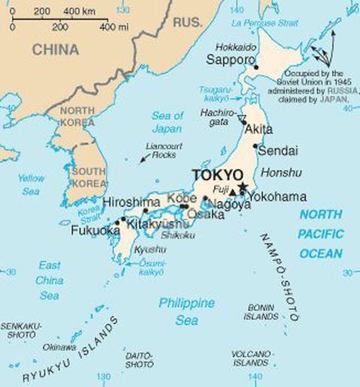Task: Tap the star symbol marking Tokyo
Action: [243, 186]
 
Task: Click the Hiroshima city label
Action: [131, 202]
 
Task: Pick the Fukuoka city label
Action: [95, 231]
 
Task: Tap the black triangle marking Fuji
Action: [233, 193]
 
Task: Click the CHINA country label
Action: [56, 49]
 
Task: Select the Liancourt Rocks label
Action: [160, 151]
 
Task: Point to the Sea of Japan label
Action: [167, 122]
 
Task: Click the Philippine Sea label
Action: [187, 312]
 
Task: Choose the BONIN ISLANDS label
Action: [262, 312]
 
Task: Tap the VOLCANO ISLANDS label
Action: [251, 358]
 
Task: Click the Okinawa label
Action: [59, 348]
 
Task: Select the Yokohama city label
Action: [277, 197]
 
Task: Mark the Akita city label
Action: [259, 128]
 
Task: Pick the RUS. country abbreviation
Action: [187, 23]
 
